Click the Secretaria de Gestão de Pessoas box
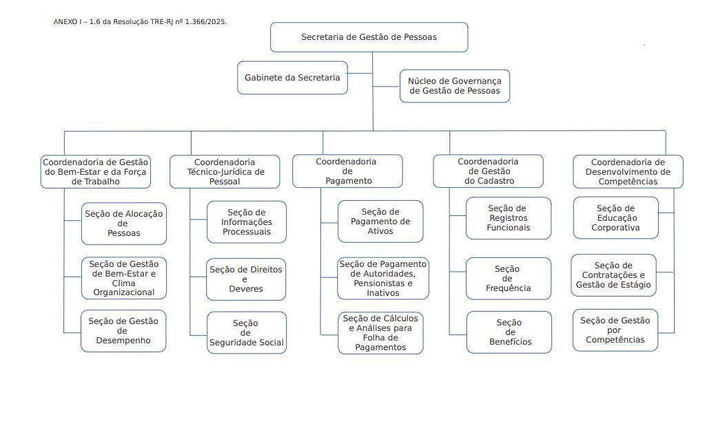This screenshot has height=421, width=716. coord(369,37)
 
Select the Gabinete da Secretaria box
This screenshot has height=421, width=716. coord(292,78)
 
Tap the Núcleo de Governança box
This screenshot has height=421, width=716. coord(455,86)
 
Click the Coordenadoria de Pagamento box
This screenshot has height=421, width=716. coord(347,171)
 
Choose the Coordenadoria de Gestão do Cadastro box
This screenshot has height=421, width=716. coord(488,171)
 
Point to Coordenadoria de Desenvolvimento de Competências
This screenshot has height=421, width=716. coord(628,171)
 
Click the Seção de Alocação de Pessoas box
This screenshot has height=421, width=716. coord(124,224)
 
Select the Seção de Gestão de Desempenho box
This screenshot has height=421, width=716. coord(124,331)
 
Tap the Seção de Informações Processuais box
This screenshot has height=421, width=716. coord(247,222)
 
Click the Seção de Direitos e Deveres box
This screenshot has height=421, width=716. coord(246,279)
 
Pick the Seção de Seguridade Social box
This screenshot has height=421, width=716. coord(246,333)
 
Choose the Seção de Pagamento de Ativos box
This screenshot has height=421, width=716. coord(380,222)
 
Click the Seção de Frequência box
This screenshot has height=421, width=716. coord(508,279)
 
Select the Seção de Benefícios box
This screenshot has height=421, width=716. coord(509,332)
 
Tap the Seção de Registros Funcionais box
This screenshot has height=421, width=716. coord(509,218)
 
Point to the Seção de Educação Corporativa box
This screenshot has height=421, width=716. coord(615,218)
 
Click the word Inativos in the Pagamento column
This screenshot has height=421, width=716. coord(383,293)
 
